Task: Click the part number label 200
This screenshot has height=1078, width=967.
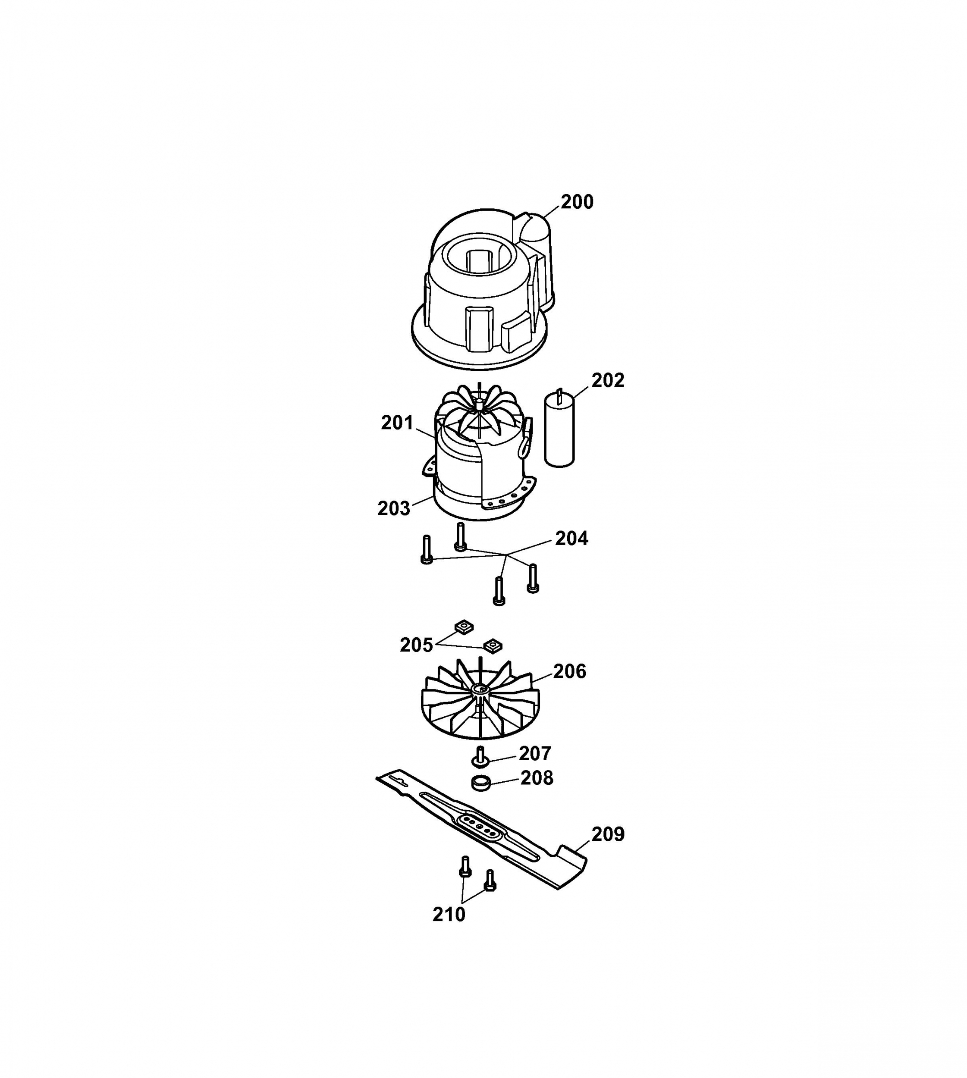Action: (x=577, y=202)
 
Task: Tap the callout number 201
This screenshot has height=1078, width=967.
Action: (x=397, y=423)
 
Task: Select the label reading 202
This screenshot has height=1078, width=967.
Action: (x=608, y=380)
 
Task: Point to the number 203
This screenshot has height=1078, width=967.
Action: (x=394, y=509)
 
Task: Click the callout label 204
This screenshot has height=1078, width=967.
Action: (x=571, y=539)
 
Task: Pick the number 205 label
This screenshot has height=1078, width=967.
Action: (x=417, y=646)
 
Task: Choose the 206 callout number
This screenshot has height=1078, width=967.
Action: (x=570, y=671)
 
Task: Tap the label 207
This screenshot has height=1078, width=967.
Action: (x=535, y=753)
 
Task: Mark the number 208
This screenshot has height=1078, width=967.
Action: (x=537, y=778)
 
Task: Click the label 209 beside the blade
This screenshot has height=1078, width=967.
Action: (x=608, y=834)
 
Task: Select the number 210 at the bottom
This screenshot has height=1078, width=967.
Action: (x=449, y=915)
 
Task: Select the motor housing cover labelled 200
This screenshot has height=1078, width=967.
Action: (x=483, y=290)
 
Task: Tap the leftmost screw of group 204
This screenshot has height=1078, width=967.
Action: (x=426, y=549)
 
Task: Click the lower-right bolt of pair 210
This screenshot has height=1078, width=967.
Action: (x=490, y=881)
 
